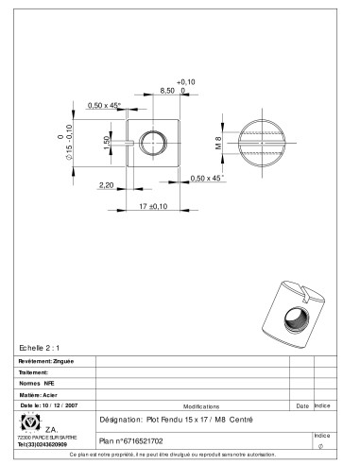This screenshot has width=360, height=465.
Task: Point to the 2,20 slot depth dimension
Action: point(105,185)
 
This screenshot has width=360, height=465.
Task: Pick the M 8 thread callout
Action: point(218,144)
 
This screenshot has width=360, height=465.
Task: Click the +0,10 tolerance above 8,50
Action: point(185,82)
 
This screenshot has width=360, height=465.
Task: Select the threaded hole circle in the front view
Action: point(151,143)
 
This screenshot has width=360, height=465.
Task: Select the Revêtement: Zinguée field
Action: point(46,361)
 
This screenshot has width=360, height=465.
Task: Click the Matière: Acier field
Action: point(39,394)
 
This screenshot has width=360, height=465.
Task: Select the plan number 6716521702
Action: point(131,440)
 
